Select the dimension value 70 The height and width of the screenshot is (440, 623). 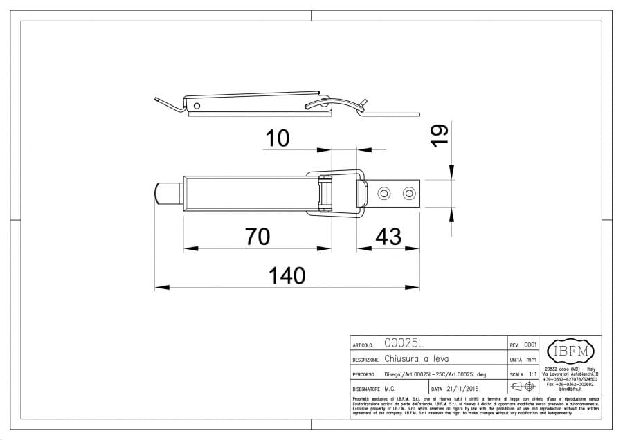tap(257, 237)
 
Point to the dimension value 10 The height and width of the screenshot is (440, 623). tap(276, 138)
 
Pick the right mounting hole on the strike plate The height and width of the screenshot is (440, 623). tap(410, 193)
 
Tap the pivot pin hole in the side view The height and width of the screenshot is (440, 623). tap(197, 106)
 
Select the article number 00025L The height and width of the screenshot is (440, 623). tap(404, 344)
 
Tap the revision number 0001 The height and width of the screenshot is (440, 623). tap(530, 344)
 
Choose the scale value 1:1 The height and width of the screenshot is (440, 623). tap(533, 374)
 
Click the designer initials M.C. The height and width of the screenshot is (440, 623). tap(390, 389)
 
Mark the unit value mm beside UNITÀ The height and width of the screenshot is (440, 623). tap(532, 359)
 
